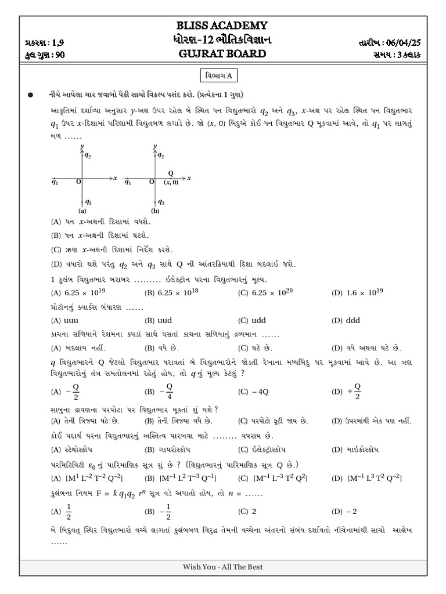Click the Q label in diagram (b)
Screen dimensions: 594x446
coord(170,173)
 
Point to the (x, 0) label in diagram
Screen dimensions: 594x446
coord(170,182)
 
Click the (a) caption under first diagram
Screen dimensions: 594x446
coord(82,211)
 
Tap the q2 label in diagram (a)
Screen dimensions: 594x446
coord(88,156)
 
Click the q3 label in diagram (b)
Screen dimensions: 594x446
coord(161,202)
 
